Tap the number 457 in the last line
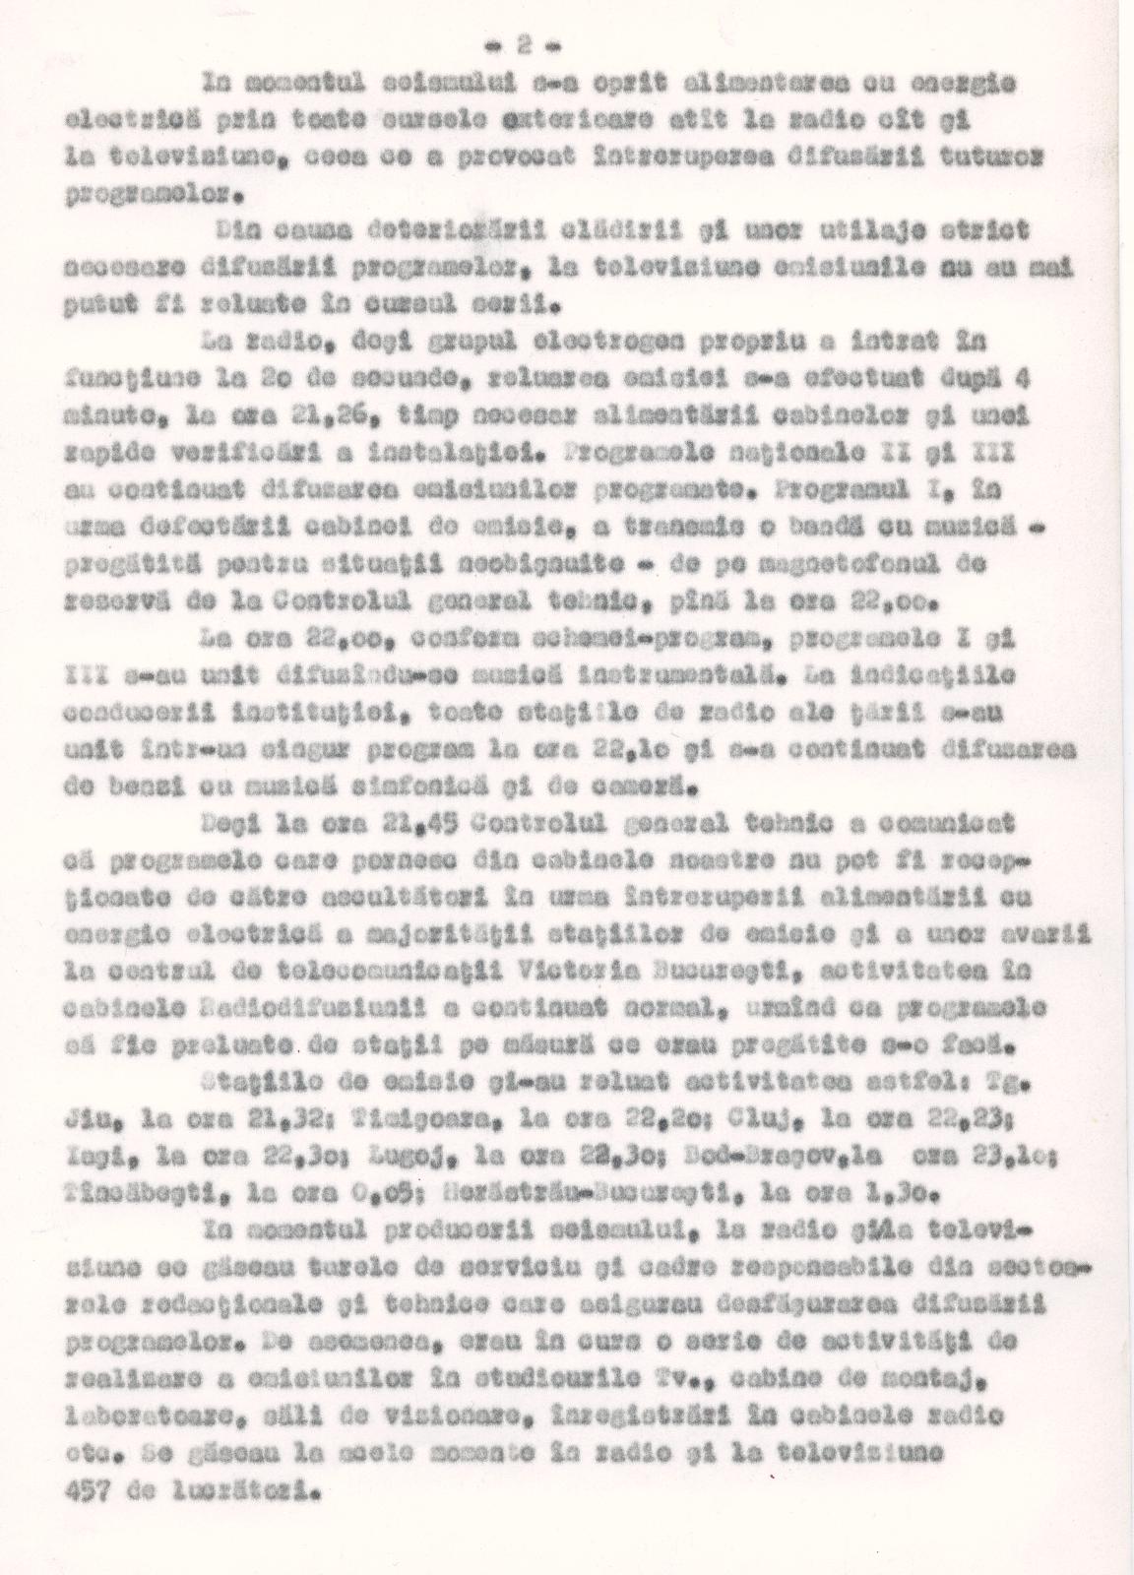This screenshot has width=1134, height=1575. pyautogui.click(x=88, y=1486)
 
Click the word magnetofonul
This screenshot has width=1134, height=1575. pyautogui.click(x=853, y=565)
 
